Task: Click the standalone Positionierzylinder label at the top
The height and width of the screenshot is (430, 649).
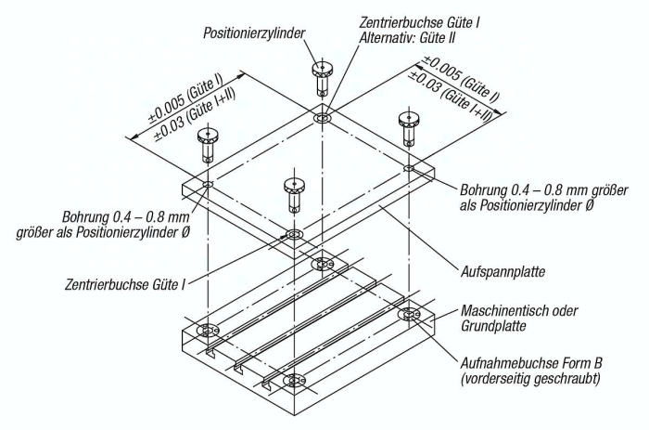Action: (254, 33)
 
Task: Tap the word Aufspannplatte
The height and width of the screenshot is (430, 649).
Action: (503, 272)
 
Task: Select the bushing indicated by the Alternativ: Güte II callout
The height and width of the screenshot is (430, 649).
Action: (322, 118)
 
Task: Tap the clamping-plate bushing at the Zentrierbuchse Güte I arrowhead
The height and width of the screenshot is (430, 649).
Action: (294, 235)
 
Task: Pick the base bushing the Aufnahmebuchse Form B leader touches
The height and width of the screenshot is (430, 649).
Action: (409, 315)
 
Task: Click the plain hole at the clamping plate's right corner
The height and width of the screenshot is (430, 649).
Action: (409, 168)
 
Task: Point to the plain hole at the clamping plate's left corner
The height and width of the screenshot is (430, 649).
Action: (207, 184)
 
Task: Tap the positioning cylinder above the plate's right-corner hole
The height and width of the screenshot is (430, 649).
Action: (409, 129)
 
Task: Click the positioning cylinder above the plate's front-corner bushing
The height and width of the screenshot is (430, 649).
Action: (294, 196)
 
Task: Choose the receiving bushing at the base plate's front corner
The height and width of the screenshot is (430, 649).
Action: (294, 381)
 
